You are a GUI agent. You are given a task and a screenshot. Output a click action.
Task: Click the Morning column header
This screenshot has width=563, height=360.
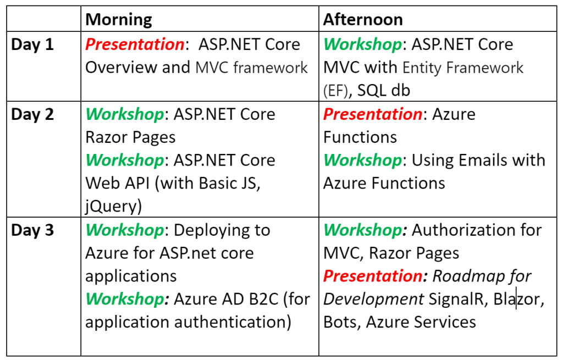click(x=119, y=20)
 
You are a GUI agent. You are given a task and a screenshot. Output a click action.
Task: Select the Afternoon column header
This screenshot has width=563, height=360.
click(x=363, y=19)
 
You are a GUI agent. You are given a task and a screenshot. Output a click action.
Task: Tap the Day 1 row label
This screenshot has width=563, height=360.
click(x=32, y=45)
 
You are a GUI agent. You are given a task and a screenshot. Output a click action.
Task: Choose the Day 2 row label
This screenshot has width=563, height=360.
click(x=32, y=114)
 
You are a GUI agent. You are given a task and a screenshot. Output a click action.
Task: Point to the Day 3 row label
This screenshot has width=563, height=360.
click(x=32, y=230)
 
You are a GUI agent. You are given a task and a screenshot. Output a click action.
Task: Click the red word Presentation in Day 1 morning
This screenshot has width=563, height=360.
click(x=135, y=45)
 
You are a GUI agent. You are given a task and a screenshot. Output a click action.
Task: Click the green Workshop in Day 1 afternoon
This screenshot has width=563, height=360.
click(x=363, y=45)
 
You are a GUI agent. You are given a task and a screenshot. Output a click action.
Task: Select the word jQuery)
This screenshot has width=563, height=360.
click(x=113, y=206)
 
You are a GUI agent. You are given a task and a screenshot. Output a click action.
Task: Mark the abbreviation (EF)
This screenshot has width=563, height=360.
click(x=336, y=91)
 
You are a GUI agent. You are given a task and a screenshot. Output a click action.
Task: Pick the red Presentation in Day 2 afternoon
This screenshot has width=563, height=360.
click(x=373, y=114)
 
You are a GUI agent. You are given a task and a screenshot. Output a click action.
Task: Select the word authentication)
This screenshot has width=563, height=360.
click(x=233, y=322)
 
